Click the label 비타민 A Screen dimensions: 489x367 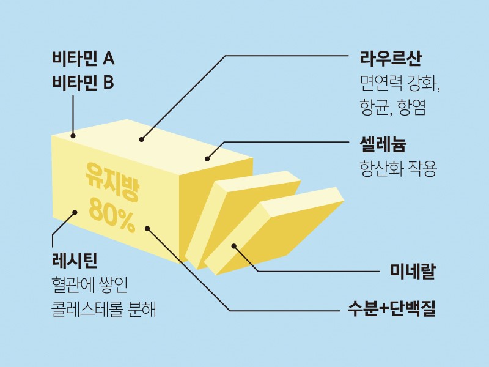[83, 59]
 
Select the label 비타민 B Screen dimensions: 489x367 [83, 82]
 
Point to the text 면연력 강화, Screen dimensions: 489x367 [400, 83]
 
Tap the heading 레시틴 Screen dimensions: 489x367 [75, 259]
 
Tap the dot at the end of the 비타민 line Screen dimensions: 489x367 [73, 136]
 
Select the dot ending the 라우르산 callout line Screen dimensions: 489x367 [141, 139]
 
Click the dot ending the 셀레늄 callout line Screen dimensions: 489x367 [207, 159]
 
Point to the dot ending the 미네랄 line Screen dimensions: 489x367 [233, 247]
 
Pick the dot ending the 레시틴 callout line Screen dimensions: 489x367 [75, 213]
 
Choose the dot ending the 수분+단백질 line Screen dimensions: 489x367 [147, 228]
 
